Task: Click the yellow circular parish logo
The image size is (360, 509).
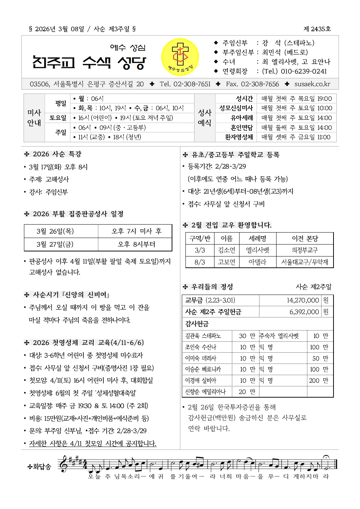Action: pyautogui.click(x=180, y=57)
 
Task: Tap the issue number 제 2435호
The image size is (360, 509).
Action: pyautogui.click(x=317, y=29)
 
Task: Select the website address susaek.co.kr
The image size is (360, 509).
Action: pyautogui.click(x=312, y=84)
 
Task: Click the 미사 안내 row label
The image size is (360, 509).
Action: pyautogui.click(x=34, y=118)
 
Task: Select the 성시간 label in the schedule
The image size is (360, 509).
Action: pyautogui.click(x=244, y=99)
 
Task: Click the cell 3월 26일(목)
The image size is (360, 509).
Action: pyautogui.click(x=55, y=231)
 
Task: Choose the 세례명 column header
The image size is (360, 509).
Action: pyautogui.click(x=257, y=238)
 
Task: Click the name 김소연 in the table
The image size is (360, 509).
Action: pyautogui.click(x=226, y=250)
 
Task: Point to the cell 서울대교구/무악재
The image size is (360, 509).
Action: pyautogui.click(x=304, y=262)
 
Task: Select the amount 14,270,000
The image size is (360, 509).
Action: pyautogui.click(x=303, y=300)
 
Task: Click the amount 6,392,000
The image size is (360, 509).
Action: pyautogui.click(x=304, y=312)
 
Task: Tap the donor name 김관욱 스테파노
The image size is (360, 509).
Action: pyautogui.click(x=203, y=336)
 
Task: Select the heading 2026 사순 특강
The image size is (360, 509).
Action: pyautogui.click(x=57, y=154)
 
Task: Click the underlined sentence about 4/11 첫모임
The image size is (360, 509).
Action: pyautogui.click(x=93, y=443)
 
